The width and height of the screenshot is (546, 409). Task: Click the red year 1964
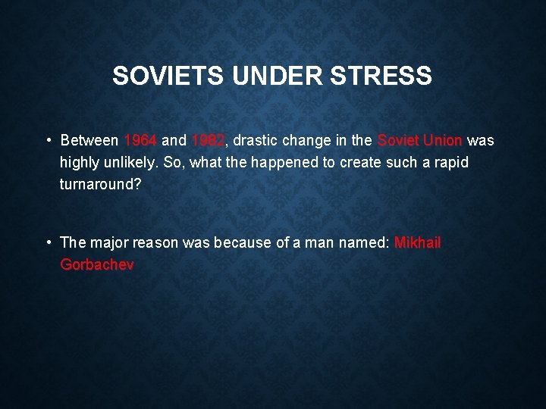(140, 141)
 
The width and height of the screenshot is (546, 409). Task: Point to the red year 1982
(208, 141)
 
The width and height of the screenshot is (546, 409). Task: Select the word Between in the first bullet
(89, 141)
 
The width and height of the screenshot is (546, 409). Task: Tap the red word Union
(443, 141)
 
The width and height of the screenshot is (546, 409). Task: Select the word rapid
(453, 163)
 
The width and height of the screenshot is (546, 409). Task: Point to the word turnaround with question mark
(100, 185)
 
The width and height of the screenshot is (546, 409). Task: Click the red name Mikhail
(417, 243)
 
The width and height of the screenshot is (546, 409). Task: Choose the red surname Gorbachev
(96, 265)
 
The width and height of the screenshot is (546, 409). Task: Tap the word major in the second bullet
(109, 243)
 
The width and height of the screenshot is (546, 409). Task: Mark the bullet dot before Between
(48, 141)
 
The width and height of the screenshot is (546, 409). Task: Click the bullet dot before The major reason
(48, 243)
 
